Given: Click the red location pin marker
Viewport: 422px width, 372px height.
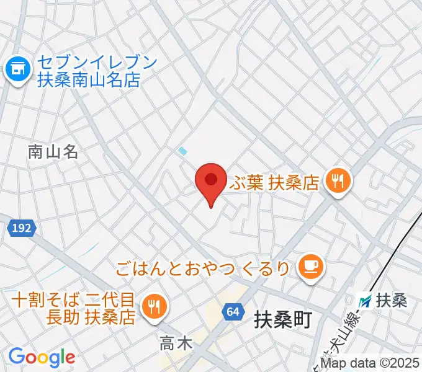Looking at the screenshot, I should point(210,181).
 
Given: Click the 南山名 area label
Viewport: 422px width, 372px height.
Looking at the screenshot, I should point(53,151).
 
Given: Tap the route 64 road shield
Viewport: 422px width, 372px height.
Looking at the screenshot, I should point(233,312).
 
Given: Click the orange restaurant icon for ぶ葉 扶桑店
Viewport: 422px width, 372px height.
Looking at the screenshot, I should point(339,181).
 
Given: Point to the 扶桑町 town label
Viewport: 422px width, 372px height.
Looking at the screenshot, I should point(283,321).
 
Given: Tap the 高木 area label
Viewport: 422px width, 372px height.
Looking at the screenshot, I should point(175,342).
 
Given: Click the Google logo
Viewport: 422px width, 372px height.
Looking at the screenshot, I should point(41,356).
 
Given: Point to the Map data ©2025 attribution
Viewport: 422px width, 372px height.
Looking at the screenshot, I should point(371,363).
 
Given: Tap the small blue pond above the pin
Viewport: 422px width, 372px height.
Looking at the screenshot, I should point(182,150).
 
